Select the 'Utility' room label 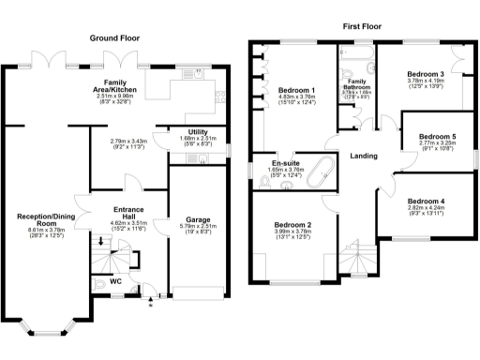pyautogui.click(x=198, y=132)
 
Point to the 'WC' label pyautogui.click(x=117, y=279)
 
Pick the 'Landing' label pyautogui.click(x=363, y=157)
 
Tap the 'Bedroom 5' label pyautogui.click(x=438, y=137)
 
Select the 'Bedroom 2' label pyautogui.click(x=292, y=225)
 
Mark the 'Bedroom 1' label pyautogui.click(x=297, y=91)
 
